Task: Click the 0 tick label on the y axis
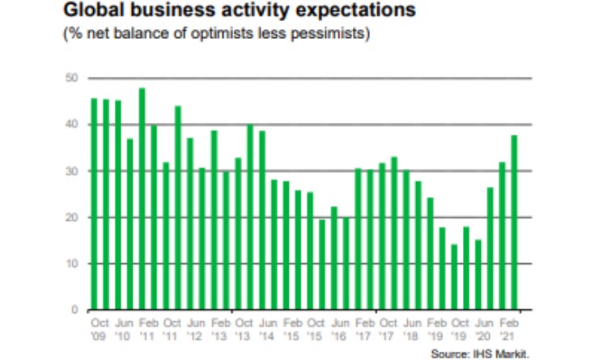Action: tap(74, 310)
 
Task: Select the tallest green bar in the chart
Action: tap(142, 198)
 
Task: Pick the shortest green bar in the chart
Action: tap(454, 277)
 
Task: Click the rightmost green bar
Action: tap(514, 222)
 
